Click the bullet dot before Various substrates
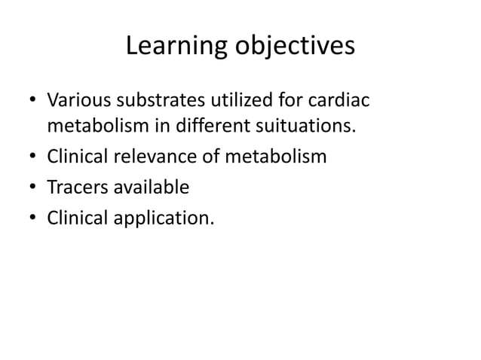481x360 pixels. [x=32, y=101]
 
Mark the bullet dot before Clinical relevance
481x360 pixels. [x=32, y=157]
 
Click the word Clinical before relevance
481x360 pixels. [x=76, y=157]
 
